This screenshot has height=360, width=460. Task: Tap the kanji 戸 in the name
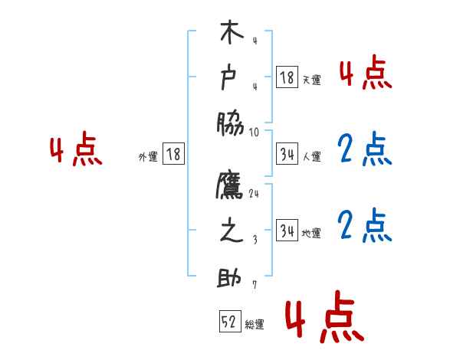pyautogui.click(x=232, y=77)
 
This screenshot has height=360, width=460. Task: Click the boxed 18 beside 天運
pyautogui.click(x=287, y=77)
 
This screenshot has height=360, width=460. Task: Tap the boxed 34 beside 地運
pyautogui.click(x=287, y=231)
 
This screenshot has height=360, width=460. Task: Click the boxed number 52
pyautogui.click(x=229, y=322)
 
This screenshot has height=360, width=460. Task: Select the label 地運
pyautogui.click(x=311, y=233)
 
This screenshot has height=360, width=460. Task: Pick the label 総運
pyautogui.click(x=255, y=325)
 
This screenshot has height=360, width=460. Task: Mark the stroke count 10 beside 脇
pyautogui.click(x=255, y=132)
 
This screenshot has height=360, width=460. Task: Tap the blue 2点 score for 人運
pyautogui.click(x=364, y=150)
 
